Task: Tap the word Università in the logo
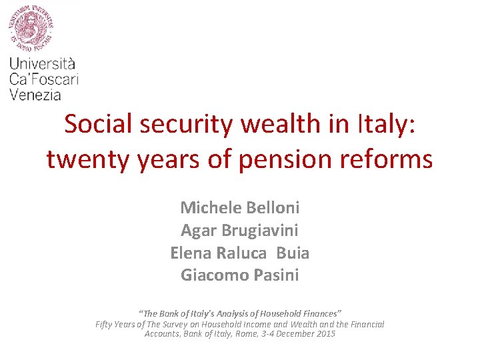point(43,64)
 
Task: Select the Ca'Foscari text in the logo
point(44,79)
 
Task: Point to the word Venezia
point(35,95)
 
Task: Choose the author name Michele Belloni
point(240,207)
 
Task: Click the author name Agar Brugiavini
point(240,231)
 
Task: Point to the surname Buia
point(293,253)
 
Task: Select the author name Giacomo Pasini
point(240,275)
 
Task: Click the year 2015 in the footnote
point(325,333)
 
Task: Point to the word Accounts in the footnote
point(161,333)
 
